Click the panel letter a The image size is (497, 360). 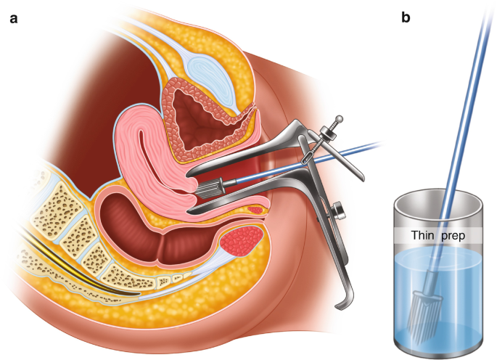pos(13,18)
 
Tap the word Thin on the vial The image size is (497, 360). pos(424,235)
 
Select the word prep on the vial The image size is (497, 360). pos(453,235)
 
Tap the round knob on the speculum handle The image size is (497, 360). pos(339,211)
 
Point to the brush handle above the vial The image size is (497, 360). pos(465,94)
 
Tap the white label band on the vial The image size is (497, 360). pos(439,235)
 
